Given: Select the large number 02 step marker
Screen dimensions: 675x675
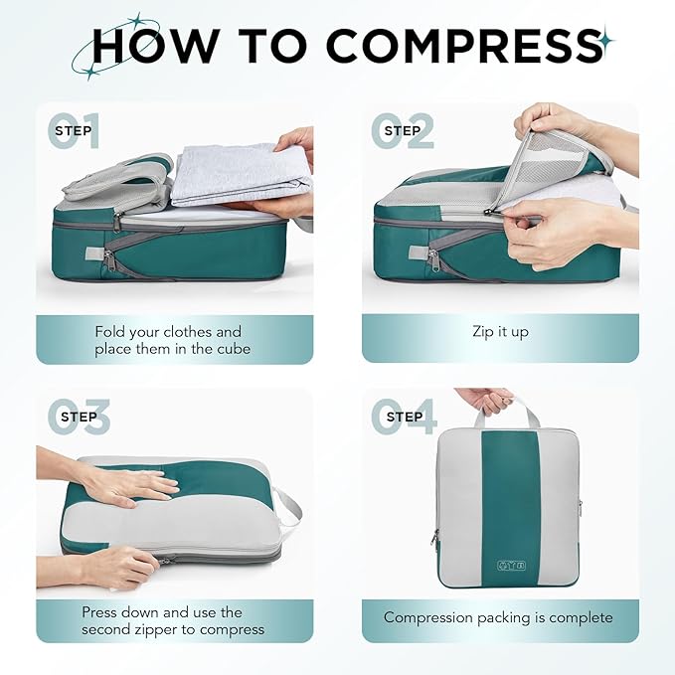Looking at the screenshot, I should [403, 131].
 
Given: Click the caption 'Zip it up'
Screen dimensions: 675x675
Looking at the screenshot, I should [500, 332].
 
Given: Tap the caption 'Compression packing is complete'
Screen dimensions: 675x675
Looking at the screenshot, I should [499, 617].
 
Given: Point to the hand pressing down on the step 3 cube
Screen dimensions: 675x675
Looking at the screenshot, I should [129, 483].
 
